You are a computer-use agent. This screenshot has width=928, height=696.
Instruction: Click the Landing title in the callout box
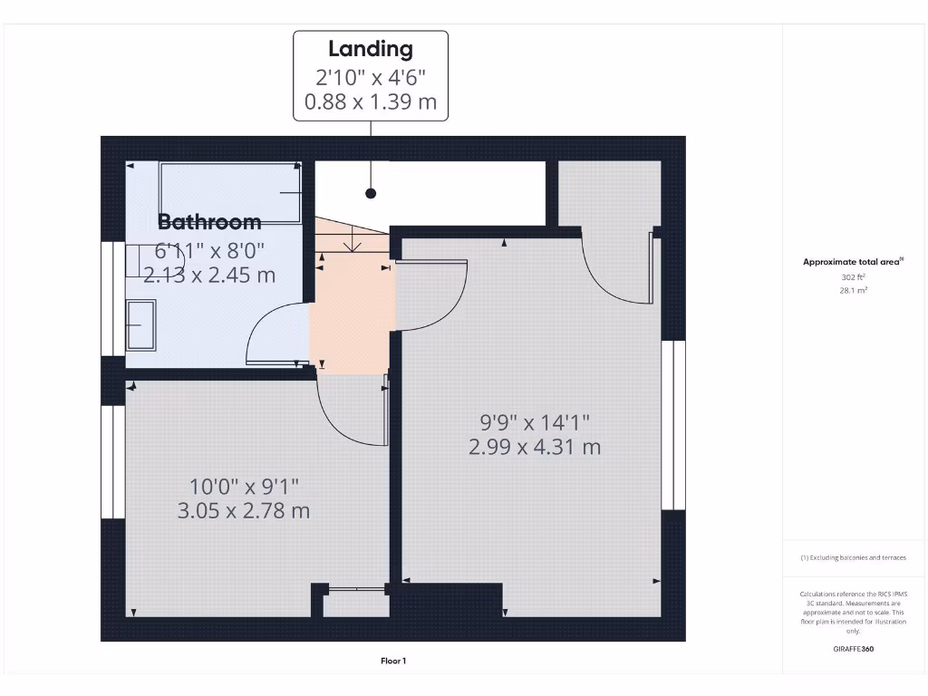pos(370,49)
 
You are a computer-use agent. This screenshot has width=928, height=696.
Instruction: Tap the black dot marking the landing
pos(371,193)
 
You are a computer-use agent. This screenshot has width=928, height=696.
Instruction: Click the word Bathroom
pos(209,221)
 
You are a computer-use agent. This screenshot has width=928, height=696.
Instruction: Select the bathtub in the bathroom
pos(230,192)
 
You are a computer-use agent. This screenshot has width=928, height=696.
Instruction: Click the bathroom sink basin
pos(140,325)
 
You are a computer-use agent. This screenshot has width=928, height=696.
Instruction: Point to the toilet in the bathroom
pos(145,261)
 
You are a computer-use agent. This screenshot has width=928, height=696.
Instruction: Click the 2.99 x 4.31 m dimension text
pos(535,447)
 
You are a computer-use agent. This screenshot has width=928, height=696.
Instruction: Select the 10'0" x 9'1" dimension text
pos(244,487)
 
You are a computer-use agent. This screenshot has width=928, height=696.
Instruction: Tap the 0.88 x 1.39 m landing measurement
pos(370,101)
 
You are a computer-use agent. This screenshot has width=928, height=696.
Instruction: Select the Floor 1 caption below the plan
pos(393,662)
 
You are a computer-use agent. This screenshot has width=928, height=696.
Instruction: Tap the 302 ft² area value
pos(854,277)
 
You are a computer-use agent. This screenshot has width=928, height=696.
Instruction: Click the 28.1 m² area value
pos(854,291)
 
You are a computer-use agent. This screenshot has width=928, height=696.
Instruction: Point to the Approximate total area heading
pos(853,262)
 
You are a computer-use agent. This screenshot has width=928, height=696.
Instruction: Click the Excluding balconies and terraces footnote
pos(853,558)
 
